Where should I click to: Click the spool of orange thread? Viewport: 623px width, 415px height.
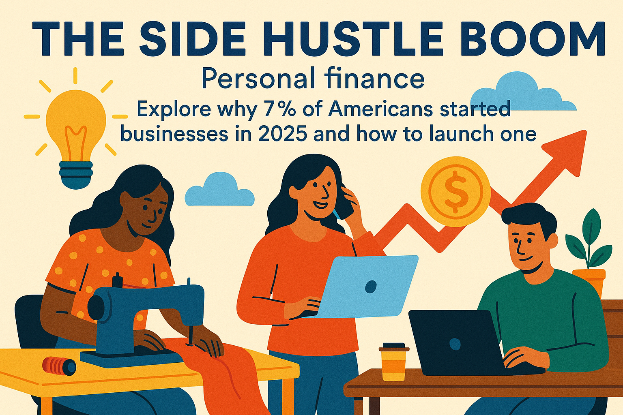[59, 366]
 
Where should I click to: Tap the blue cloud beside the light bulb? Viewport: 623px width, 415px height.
[219, 190]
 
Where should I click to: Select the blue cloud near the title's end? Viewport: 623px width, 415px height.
[524, 94]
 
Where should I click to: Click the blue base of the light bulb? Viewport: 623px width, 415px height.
[76, 174]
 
